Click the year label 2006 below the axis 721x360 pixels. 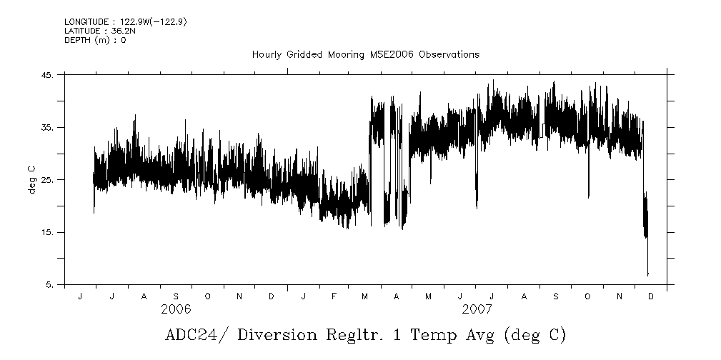coord(176,309)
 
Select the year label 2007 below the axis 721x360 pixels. coord(476,309)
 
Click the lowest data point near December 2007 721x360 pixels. coord(647,274)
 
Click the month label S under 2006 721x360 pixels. coord(176,296)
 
